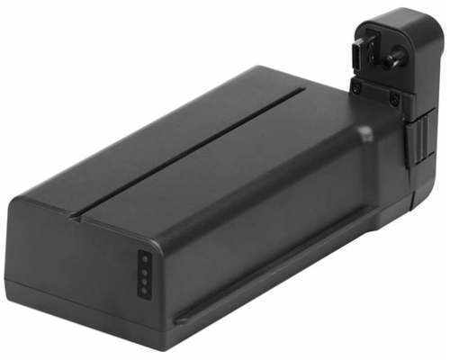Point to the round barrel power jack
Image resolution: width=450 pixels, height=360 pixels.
pyautogui.click(x=392, y=61)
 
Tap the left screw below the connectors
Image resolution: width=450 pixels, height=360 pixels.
pyautogui.click(x=356, y=87)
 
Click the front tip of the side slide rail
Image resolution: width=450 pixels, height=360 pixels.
pyautogui.click(x=178, y=319)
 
